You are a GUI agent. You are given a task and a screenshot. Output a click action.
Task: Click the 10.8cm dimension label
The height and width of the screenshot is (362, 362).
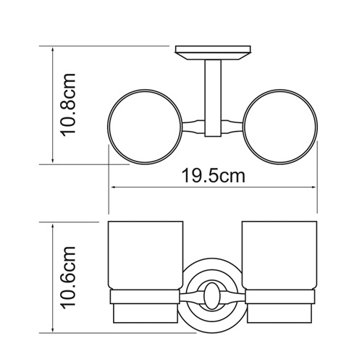(x=71, y=104)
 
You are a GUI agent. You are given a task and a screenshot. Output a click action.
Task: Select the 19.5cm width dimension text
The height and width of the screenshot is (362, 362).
(x=214, y=174)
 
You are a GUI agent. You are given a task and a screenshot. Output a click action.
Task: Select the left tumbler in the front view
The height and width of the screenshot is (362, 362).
(x=143, y=257)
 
